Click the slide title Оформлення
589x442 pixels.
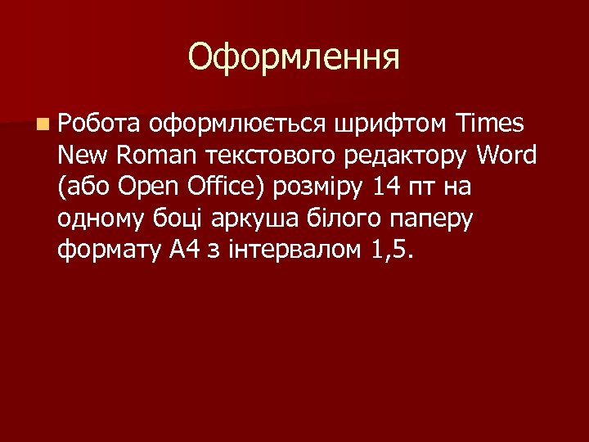(x=294, y=57)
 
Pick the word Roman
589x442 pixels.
(x=158, y=156)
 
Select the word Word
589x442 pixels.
(x=506, y=156)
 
